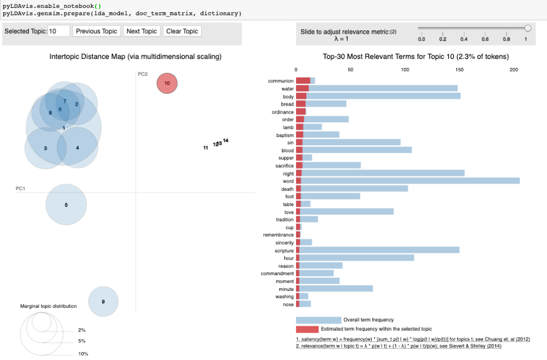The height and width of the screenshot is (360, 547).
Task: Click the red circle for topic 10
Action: pyautogui.click(x=167, y=83)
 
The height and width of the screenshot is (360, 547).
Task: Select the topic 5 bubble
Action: pyautogui.click(x=66, y=205)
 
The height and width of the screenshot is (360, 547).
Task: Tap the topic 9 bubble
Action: pyautogui.click(x=103, y=302)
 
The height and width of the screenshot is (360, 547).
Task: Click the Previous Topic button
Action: pyautogui.click(x=97, y=31)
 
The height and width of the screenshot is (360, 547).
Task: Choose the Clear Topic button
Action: pyautogui.click(x=182, y=31)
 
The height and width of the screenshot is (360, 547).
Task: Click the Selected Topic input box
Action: pyautogui.click(x=59, y=31)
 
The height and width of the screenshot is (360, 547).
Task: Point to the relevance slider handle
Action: pyautogui.click(x=527, y=28)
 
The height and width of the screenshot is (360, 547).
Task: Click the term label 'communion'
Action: pyautogui.click(x=281, y=81)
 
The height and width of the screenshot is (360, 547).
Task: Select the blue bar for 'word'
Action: pyautogui.click(x=410, y=181)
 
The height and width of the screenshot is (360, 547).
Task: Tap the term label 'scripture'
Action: pyautogui.click(x=281, y=250)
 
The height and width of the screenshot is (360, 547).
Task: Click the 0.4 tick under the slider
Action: pyautogui.click(x=464, y=39)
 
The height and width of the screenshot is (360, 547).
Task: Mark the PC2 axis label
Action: pyautogui.click(x=143, y=74)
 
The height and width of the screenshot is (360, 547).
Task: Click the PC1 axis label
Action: pyautogui.click(x=20, y=189)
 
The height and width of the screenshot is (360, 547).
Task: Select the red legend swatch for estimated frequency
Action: pyautogui.click(x=307, y=329)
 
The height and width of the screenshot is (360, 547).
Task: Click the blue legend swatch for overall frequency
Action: pyautogui.click(x=318, y=320)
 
